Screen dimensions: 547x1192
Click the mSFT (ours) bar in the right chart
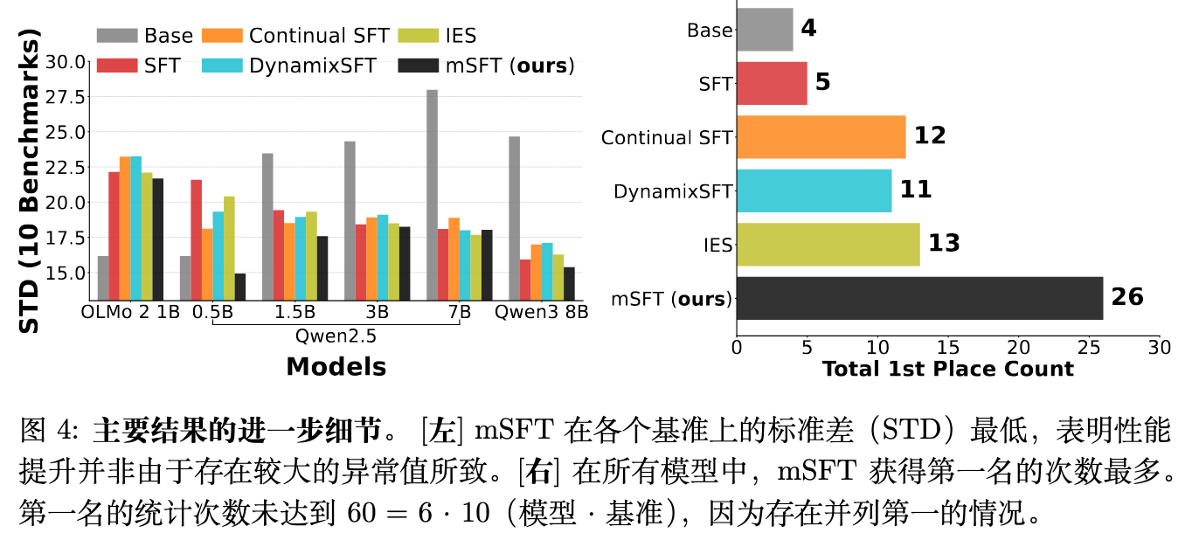919,299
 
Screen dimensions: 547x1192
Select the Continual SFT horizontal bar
821,137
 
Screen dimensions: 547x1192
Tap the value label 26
1127,297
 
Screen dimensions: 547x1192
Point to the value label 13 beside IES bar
944,243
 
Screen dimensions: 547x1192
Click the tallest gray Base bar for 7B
432,195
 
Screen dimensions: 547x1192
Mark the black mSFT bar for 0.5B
240,287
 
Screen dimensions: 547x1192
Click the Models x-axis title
336,366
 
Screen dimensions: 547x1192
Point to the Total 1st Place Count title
947,368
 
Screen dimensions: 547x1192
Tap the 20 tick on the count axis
1018,347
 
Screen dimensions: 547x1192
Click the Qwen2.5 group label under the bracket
336,335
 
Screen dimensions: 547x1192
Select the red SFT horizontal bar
772,83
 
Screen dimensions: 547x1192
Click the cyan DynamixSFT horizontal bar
814,190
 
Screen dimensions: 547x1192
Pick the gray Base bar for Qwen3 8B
514,218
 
